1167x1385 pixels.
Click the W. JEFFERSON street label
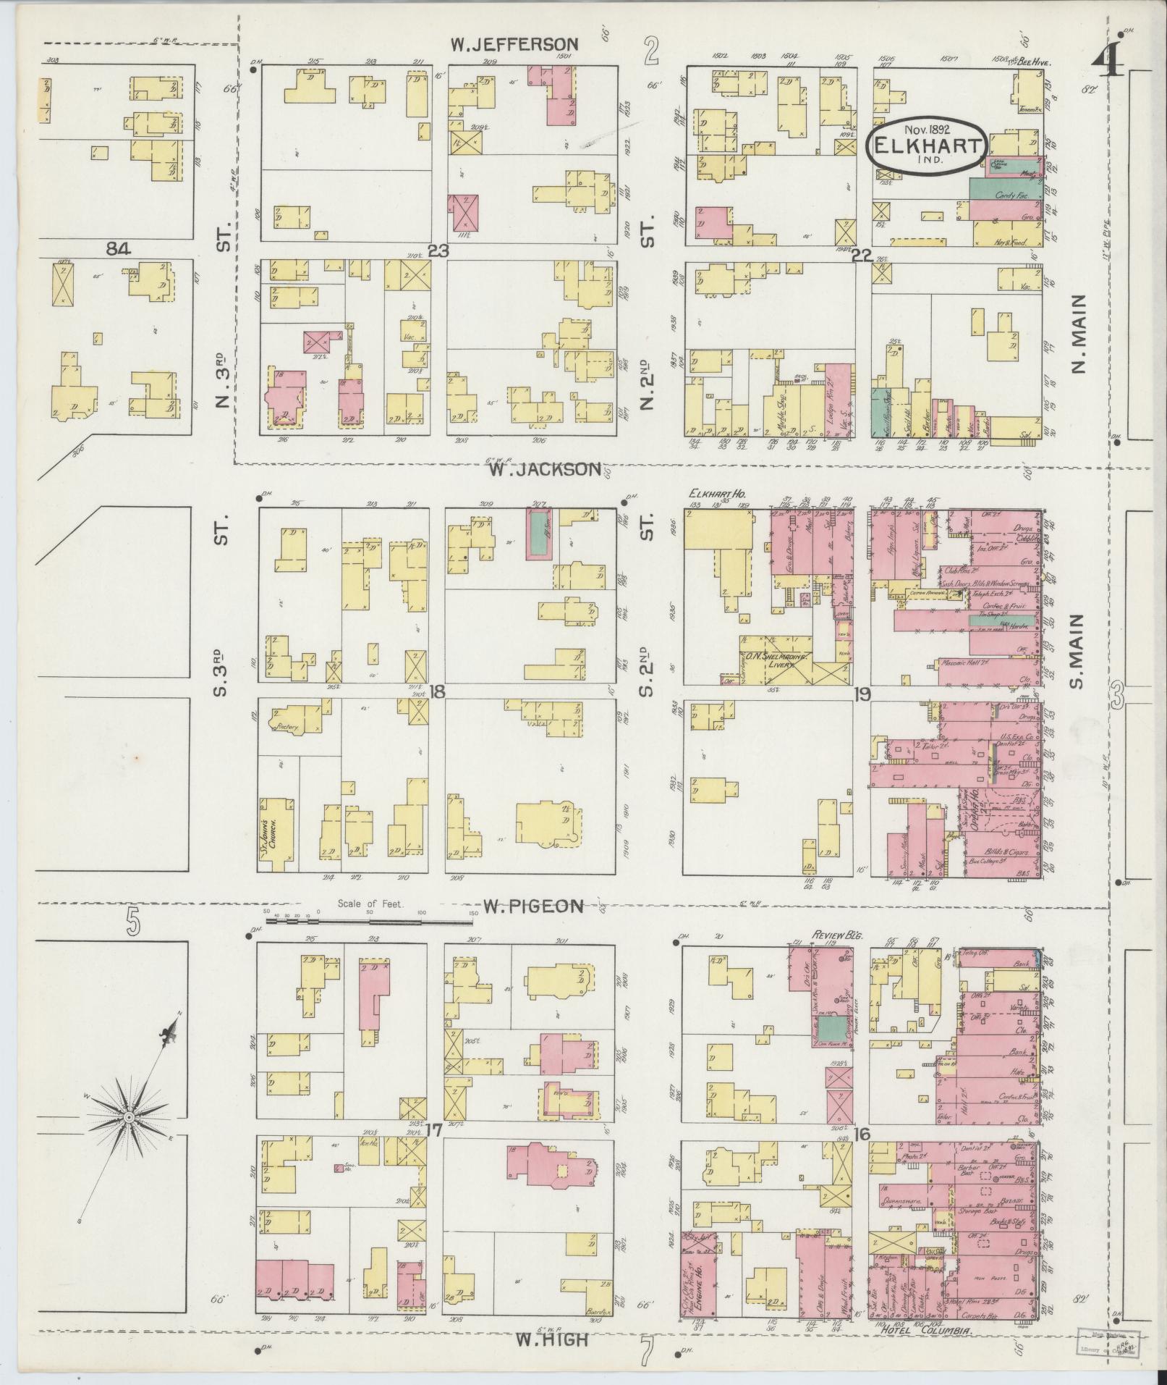click(514, 44)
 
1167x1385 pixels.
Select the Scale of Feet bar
click(369, 921)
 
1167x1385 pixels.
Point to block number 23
click(438, 251)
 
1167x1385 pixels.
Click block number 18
click(437, 692)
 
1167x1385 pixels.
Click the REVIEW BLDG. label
click(834, 935)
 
